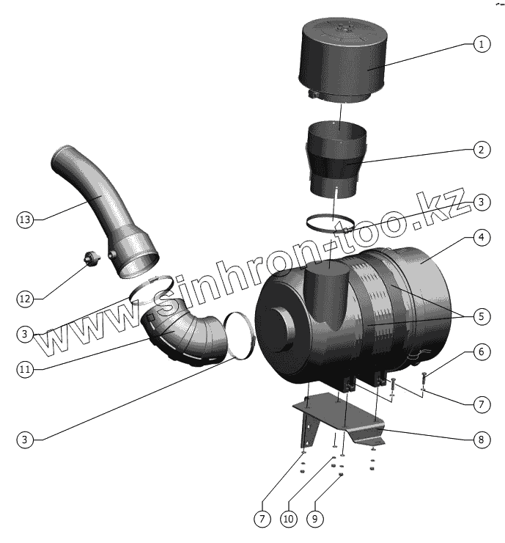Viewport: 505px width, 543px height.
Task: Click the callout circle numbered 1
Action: (x=481, y=45)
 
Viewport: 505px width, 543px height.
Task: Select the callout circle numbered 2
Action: (x=481, y=150)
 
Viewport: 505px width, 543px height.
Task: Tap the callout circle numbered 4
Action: (x=481, y=238)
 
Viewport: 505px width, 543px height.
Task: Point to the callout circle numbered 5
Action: (x=481, y=317)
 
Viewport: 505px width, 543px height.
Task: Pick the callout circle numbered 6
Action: (x=481, y=352)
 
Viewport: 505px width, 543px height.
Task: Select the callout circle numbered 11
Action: (x=25, y=368)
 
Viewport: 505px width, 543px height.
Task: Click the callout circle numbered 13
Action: (x=25, y=219)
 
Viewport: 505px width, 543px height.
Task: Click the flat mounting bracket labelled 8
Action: (x=344, y=422)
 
